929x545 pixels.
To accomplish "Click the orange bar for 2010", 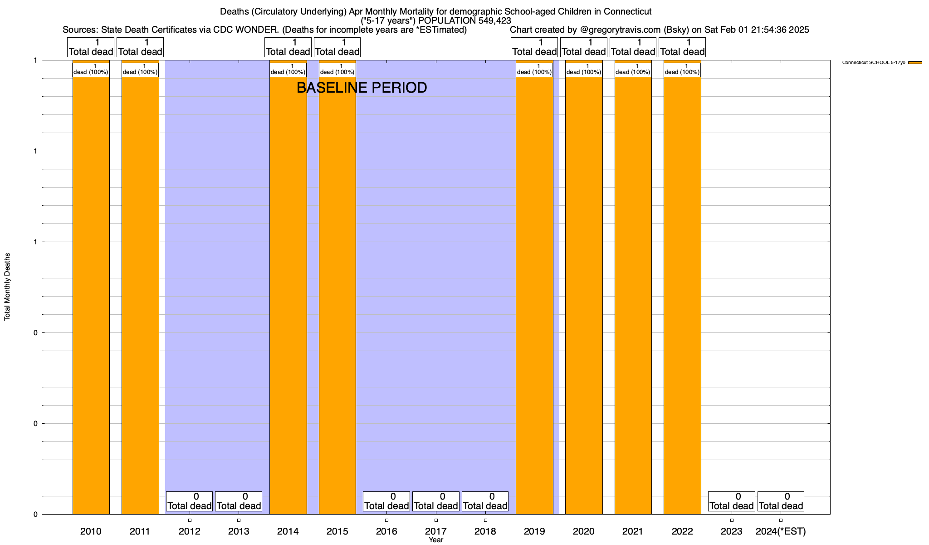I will point(91,295).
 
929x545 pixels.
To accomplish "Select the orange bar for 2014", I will point(288,295).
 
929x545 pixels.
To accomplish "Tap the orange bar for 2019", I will point(534,295).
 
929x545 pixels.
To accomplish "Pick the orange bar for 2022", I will point(682,295).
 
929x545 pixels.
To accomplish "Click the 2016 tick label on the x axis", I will point(386,531).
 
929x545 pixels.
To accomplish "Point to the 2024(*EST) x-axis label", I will point(781,531).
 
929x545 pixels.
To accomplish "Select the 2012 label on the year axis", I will point(190,531).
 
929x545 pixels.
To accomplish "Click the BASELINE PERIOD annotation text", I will point(362,88).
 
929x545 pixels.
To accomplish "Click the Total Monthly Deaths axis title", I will point(7,287).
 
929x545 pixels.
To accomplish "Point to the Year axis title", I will point(436,540).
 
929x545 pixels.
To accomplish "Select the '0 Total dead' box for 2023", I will point(731,501).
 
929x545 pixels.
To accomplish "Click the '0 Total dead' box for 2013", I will point(239,501).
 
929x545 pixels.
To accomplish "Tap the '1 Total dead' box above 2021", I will point(633,47).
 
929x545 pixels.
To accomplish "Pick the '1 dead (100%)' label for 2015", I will point(337,69).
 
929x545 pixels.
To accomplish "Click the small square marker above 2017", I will point(436,520).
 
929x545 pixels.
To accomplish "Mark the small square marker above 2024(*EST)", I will point(781,520).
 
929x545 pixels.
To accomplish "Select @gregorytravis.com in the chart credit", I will point(620,30).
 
